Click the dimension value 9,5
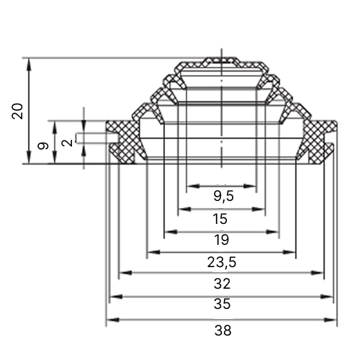[x=223, y=197]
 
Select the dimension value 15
[x=220, y=219]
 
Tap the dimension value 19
[x=222, y=240]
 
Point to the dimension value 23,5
[x=222, y=262]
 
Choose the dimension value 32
[x=222, y=284]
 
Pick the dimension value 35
[x=222, y=304]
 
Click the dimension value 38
[x=223, y=330]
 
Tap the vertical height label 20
[x=17, y=111]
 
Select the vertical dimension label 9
[x=43, y=145]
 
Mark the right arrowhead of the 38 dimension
[x=330, y=320]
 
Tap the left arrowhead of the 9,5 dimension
[x=193, y=186]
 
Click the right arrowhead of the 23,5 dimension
[x=289, y=252]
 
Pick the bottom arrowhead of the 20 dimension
[x=29, y=157]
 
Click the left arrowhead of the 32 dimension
[x=126, y=273]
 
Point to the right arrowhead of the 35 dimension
[x=327, y=297]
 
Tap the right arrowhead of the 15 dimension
[x=258, y=210]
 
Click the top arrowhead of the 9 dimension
[x=55, y=127]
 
